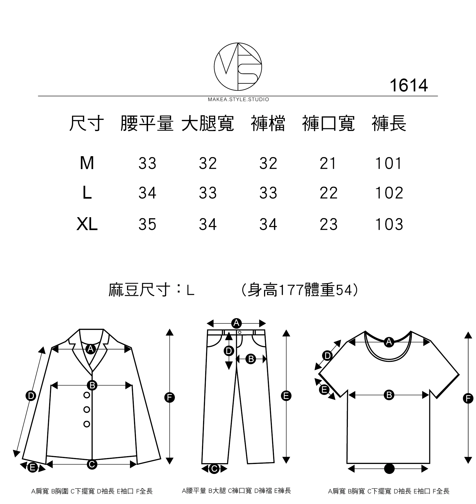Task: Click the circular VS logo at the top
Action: (x=238, y=66)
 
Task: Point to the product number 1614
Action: (x=408, y=85)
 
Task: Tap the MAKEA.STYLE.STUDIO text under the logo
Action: (x=238, y=99)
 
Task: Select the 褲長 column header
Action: (x=389, y=124)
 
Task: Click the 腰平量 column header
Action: (x=147, y=124)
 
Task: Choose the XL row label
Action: (x=87, y=224)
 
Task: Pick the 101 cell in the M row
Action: (x=389, y=163)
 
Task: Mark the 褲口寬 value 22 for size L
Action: (x=328, y=193)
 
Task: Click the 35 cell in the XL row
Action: (x=147, y=224)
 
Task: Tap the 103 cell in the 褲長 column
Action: (x=389, y=224)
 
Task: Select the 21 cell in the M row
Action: (x=328, y=163)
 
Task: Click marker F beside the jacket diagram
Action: (x=170, y=397)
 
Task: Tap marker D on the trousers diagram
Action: (x=229, y=351)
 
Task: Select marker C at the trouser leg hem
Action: (x=214, y=469)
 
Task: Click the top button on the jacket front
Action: (x=87, y=395)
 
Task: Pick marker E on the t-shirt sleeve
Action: (x=324, y=389)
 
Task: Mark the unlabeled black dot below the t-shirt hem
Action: (x=389, y=469)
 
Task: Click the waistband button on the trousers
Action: (x=240, y=333)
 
